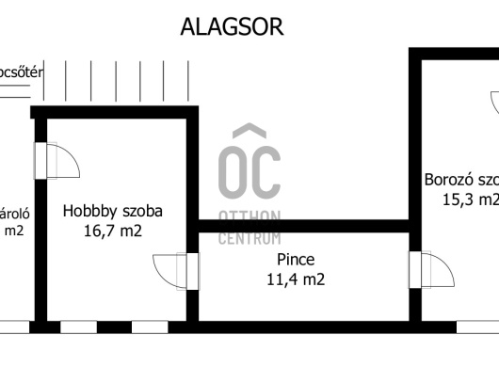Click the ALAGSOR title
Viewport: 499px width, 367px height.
coord(232,26)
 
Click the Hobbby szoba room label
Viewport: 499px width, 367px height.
coord(113,212)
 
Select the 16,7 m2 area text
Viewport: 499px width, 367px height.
coord(113,231)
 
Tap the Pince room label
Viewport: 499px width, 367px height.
coord(296,259)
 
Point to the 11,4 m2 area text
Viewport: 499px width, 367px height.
coord(296,279)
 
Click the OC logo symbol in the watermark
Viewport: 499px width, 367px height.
coord(249,165)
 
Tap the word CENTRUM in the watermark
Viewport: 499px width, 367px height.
coord(249,238)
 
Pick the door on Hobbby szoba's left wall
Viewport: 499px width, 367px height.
coord(55,161)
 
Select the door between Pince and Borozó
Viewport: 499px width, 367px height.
coord(426,271)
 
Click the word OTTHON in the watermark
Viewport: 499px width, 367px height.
coord(249,218)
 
